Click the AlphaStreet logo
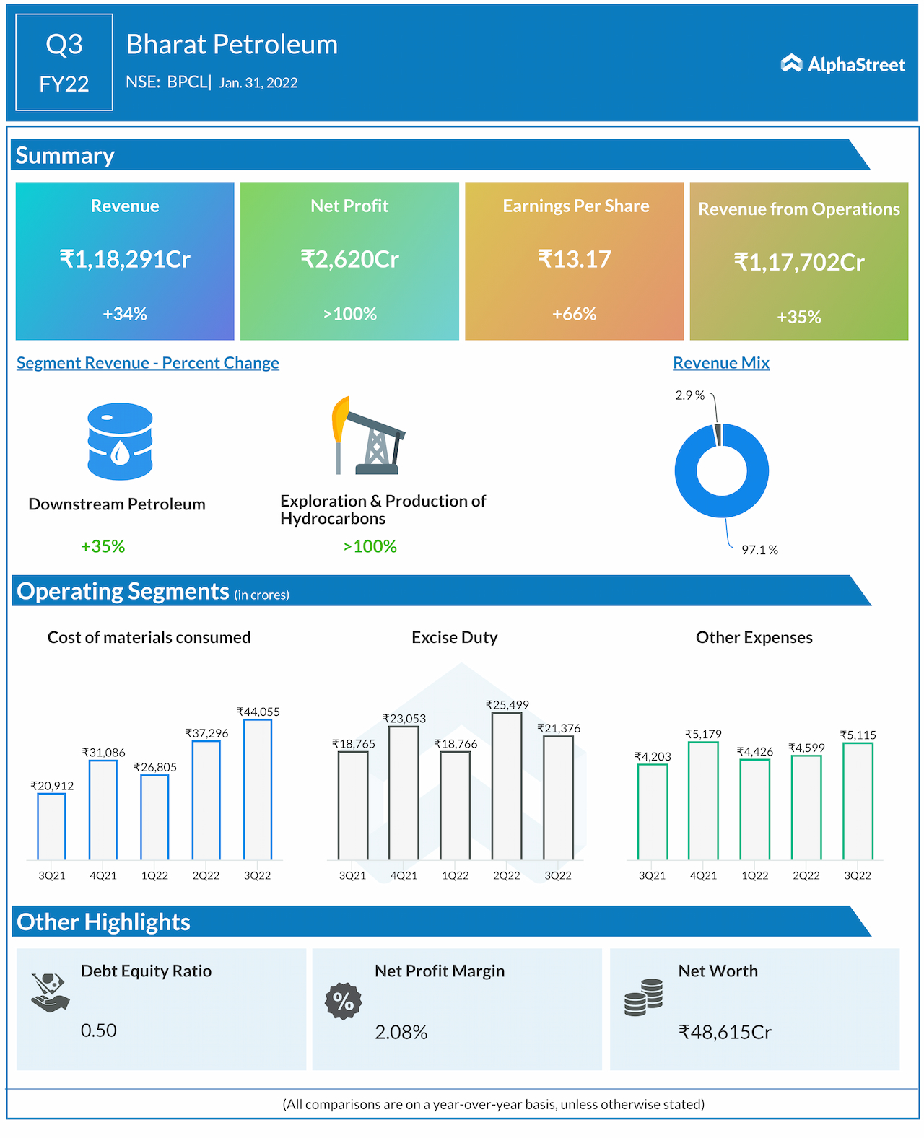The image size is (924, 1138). coord(842,64)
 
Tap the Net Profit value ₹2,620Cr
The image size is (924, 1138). coord(349,258)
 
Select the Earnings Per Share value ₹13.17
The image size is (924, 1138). coord(575,258)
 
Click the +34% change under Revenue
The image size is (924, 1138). coord(125,314)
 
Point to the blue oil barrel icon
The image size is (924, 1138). coord(120,441)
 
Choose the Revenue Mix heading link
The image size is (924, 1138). coord(721,363)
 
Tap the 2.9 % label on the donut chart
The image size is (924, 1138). coord(689,395)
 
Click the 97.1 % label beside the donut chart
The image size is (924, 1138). coord(759,550)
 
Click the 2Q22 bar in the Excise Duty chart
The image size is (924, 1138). coord(507,786)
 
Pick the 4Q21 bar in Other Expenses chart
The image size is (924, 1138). coord(703,800)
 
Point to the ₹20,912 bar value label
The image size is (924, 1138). coord(52,786)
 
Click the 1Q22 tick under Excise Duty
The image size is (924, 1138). coord(456,875)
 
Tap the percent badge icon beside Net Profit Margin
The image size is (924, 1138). coord(343,1001)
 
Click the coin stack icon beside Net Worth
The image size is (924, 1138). coord(643,997)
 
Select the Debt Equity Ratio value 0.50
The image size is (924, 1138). coord(99,1030)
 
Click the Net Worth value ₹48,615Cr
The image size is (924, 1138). coord(725,1032)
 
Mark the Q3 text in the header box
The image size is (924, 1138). coord(64,45)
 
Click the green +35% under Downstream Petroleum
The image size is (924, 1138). coord(103,546)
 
